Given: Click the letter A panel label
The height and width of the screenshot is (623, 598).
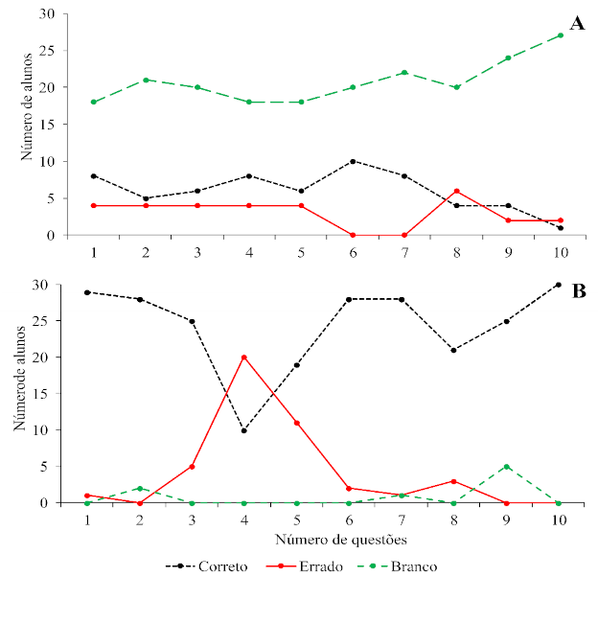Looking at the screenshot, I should tap(577, 24).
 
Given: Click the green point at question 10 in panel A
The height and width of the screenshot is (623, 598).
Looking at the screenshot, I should tap(561, 35).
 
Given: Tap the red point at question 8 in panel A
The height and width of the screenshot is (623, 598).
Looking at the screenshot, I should tap(456, 191).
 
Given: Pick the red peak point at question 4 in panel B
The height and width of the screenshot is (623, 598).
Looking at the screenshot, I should tap(244, 357).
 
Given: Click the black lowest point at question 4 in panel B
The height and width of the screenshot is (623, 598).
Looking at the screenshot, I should tap(244, 430).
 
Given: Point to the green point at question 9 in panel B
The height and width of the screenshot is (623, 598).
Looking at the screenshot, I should tap(507, 467).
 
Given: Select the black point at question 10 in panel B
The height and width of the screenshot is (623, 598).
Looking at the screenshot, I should tap(559, 285).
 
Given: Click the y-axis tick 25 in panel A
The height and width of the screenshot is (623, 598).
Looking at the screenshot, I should tap(47, 51).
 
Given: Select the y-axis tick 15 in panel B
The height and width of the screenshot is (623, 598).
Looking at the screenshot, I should tap(47, 394).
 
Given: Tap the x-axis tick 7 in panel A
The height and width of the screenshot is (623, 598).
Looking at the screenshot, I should tap(404, 251).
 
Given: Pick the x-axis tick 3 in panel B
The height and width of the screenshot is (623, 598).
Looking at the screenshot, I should tap(192, 519).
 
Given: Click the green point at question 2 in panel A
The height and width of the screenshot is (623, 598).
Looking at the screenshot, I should tap(146, 80).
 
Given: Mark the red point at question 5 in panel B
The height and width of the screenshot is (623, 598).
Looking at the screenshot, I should tap(297, 423).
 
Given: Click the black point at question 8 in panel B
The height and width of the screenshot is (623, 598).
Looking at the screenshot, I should tap(455, 350).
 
